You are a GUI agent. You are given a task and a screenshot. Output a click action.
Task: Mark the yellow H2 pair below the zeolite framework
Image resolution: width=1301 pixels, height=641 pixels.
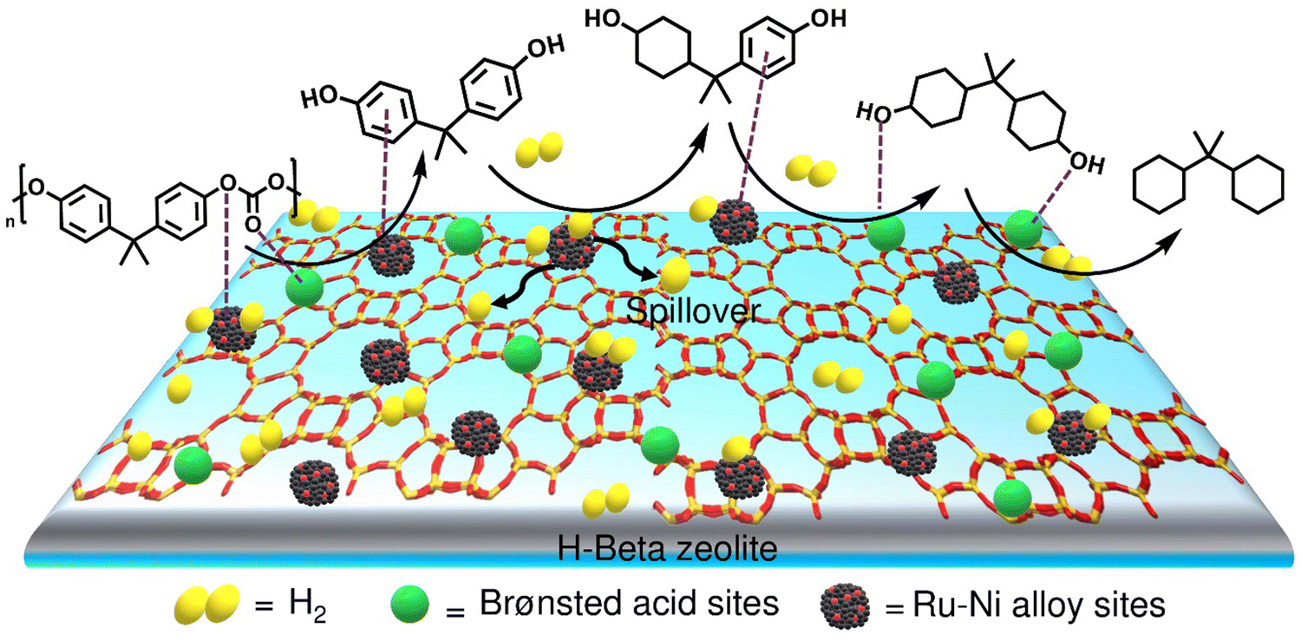605,500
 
